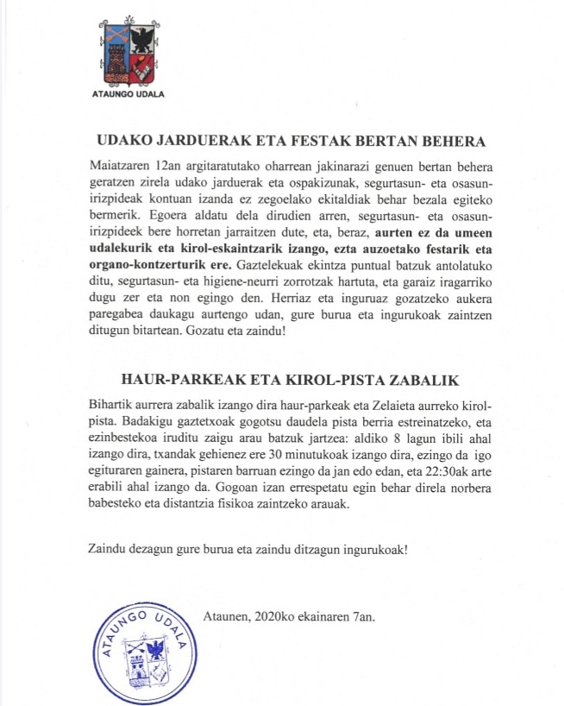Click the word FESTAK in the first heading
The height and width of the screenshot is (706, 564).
pyautogui.click(x=307, y=142)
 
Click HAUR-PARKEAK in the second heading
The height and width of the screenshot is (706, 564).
pyautogui.click(x=168, y=380)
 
